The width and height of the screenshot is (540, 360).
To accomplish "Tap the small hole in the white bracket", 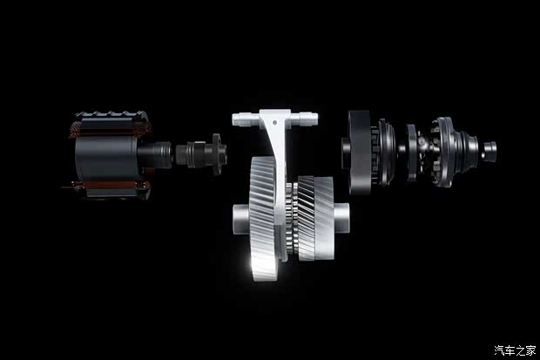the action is pyautogui.click(x=274, y=122).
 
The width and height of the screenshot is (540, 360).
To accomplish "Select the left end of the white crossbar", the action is pyautogui.click(x=233, y=119).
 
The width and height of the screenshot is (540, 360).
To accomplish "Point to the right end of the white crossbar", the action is pyautogui.click(x=315, y=119).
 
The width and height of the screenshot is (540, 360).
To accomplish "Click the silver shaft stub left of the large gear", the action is pyautogui.click(x=240, y=220).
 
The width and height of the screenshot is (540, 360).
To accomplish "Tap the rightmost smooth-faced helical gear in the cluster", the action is pyautogui.click(x=324, y=218).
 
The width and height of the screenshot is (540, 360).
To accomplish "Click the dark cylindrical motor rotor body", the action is pyautogui.click(x=107, y=158).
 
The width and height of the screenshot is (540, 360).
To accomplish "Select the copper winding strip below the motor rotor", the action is pyautogui.click(x=111, y=185).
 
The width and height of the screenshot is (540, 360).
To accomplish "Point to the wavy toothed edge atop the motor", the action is pyautogui.click(x=112, y=114).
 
